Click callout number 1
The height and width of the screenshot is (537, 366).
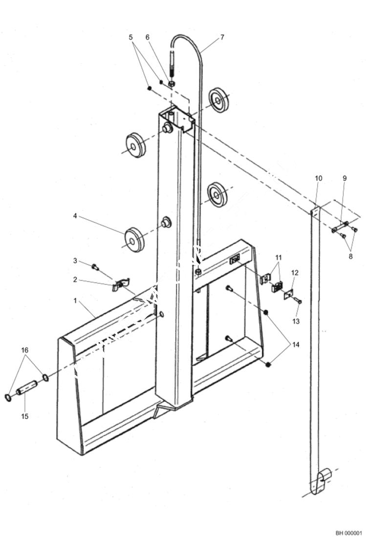[75, 301]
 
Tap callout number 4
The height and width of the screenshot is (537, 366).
[75, 215]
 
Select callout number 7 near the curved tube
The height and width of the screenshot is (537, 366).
[222, 37]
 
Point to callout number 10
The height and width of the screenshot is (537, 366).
[319, 178]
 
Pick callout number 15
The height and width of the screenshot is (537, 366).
[25, 416]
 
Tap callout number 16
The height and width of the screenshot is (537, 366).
[25, 350]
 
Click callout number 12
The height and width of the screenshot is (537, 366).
[295, 272]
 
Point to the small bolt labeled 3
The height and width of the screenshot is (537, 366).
[95, 267]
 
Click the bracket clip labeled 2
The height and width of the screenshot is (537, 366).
[120, 284]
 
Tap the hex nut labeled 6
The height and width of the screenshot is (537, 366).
[172, 84]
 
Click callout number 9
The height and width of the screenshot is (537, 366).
[344, 178]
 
